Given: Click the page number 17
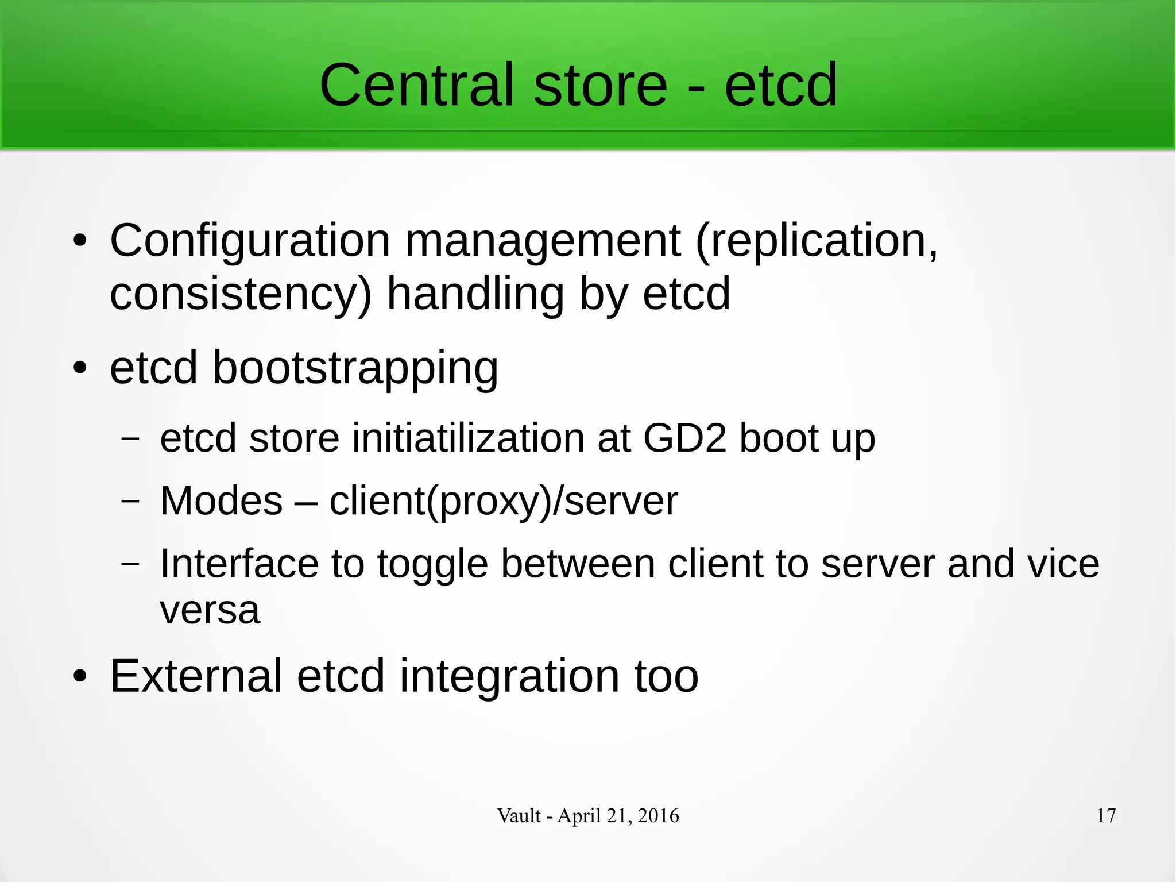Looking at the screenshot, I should coord(1106,815).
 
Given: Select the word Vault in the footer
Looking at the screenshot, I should coord(519,815).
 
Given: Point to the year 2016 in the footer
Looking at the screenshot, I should coord(658,815).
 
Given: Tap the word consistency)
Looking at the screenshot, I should coord(241,294).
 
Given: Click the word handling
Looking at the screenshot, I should coord(475,294).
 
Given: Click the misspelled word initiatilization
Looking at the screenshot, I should coord(468,438).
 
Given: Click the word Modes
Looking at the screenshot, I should coord(221,500).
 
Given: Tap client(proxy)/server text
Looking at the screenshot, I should coord(503,502).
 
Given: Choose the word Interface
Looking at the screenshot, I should coord(238,563).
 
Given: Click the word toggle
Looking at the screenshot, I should coord(432,564).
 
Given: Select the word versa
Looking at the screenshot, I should coord(210,610).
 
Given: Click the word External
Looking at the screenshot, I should coord(196,676).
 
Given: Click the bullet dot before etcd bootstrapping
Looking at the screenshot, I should coord(80,368).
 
